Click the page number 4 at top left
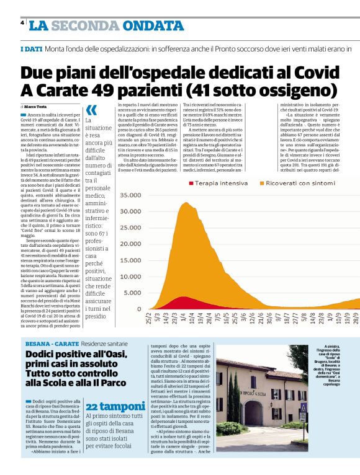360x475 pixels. pos(22,23)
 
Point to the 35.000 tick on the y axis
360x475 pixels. pos(131,195)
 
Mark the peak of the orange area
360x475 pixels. pos(183,203)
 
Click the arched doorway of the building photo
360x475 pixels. pos(253,411)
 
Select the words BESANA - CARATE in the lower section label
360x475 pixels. pos(52,343)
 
